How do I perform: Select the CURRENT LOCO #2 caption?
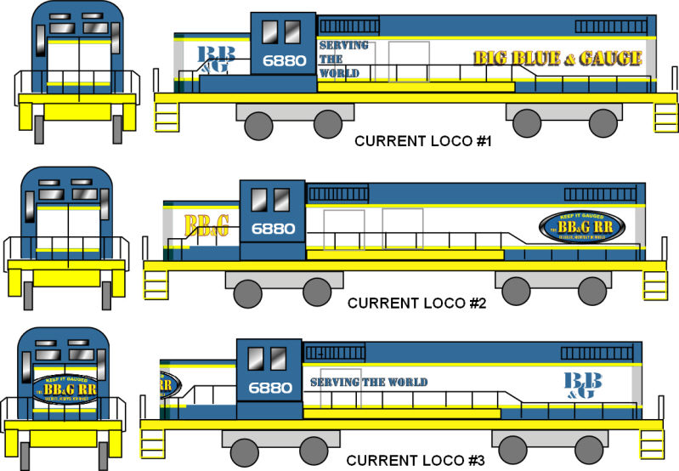pos(416,303)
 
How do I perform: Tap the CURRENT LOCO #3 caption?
pos(416,460)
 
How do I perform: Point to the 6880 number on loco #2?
pos(273,229)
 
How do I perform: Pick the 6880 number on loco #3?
pos(270,388)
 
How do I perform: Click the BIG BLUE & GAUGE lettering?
pos(557,58)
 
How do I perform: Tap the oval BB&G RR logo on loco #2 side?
pos(582,227)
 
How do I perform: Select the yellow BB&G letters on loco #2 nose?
pos(206,225)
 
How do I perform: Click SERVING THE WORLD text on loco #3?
pos(368,383)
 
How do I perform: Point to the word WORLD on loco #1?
pos(339,73)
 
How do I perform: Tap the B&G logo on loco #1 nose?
pos(212,60)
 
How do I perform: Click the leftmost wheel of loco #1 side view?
pos(259,125)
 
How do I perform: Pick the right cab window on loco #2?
pos(280,201)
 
